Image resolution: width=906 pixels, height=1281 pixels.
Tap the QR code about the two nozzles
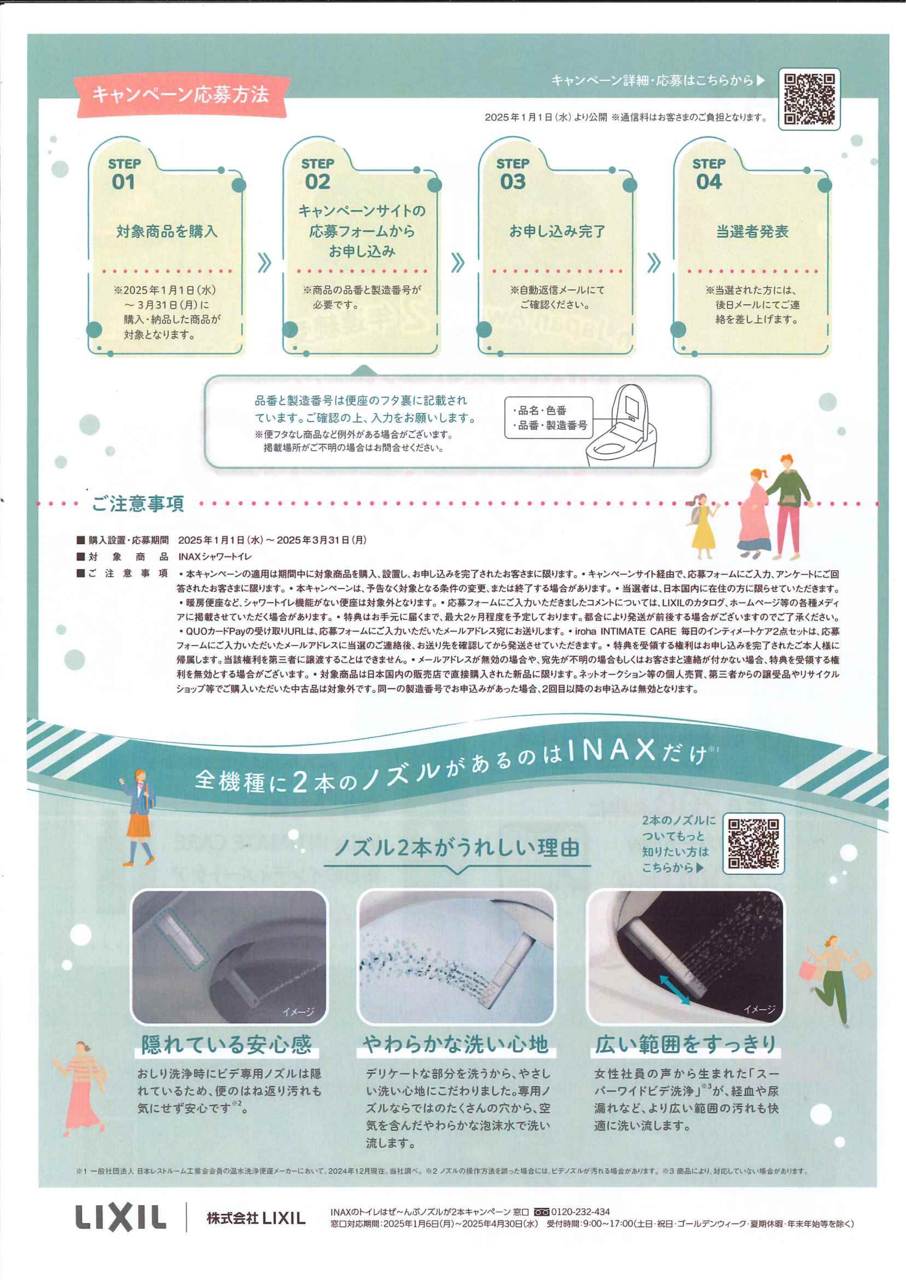pos(753,843)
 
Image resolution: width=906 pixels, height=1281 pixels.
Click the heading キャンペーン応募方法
pos(181,94)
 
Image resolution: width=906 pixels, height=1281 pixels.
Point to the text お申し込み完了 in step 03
pos(557,231)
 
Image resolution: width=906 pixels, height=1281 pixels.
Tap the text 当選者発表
pos(752,231)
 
